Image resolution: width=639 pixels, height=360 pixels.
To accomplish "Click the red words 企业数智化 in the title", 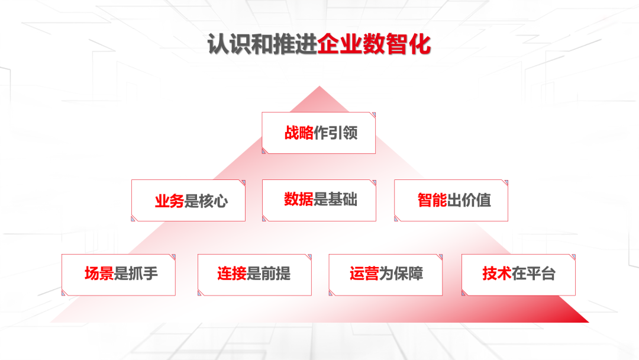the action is click(x=374, y=44).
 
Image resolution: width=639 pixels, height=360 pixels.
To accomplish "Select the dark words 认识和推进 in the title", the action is click(x=263, y=44).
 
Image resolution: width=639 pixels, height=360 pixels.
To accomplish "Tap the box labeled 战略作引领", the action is click(x=319, y=133).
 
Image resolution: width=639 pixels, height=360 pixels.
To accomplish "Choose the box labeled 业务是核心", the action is click(x=188, y=201).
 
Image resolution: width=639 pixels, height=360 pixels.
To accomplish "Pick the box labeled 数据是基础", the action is click(x=319, y=201).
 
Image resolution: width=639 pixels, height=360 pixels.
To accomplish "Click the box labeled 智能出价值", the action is click(x=451, y=201).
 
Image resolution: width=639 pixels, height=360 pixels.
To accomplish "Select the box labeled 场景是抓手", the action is click(x=118, y=275).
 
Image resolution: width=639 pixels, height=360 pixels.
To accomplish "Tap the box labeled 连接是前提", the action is click(x=254, y=275).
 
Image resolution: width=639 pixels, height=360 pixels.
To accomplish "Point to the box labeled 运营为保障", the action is click(x=386, y=275).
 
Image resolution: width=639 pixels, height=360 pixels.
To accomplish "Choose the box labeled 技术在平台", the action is click(x=518, y=275).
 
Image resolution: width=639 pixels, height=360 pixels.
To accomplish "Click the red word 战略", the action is click(x=299, y=133).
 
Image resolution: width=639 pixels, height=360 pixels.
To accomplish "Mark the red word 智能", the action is click(x=433, y=200).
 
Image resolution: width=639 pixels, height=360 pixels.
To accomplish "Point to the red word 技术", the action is click(x=497, y=274).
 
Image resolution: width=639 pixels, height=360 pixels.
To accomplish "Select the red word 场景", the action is click(x=99, y=274).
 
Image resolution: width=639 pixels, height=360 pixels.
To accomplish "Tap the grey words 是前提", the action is click(x=269, y=274).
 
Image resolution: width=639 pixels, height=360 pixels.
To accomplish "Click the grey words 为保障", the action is click(x=401, y=274).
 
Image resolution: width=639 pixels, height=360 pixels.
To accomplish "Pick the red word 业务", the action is click(x=170, y=201).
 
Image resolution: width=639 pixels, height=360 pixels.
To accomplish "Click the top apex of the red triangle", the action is click(x=319, y=86).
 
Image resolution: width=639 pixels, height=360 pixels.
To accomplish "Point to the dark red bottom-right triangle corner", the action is click(x=589, y=322).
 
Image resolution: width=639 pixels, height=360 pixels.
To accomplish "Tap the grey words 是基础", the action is click(x=335, y=200).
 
